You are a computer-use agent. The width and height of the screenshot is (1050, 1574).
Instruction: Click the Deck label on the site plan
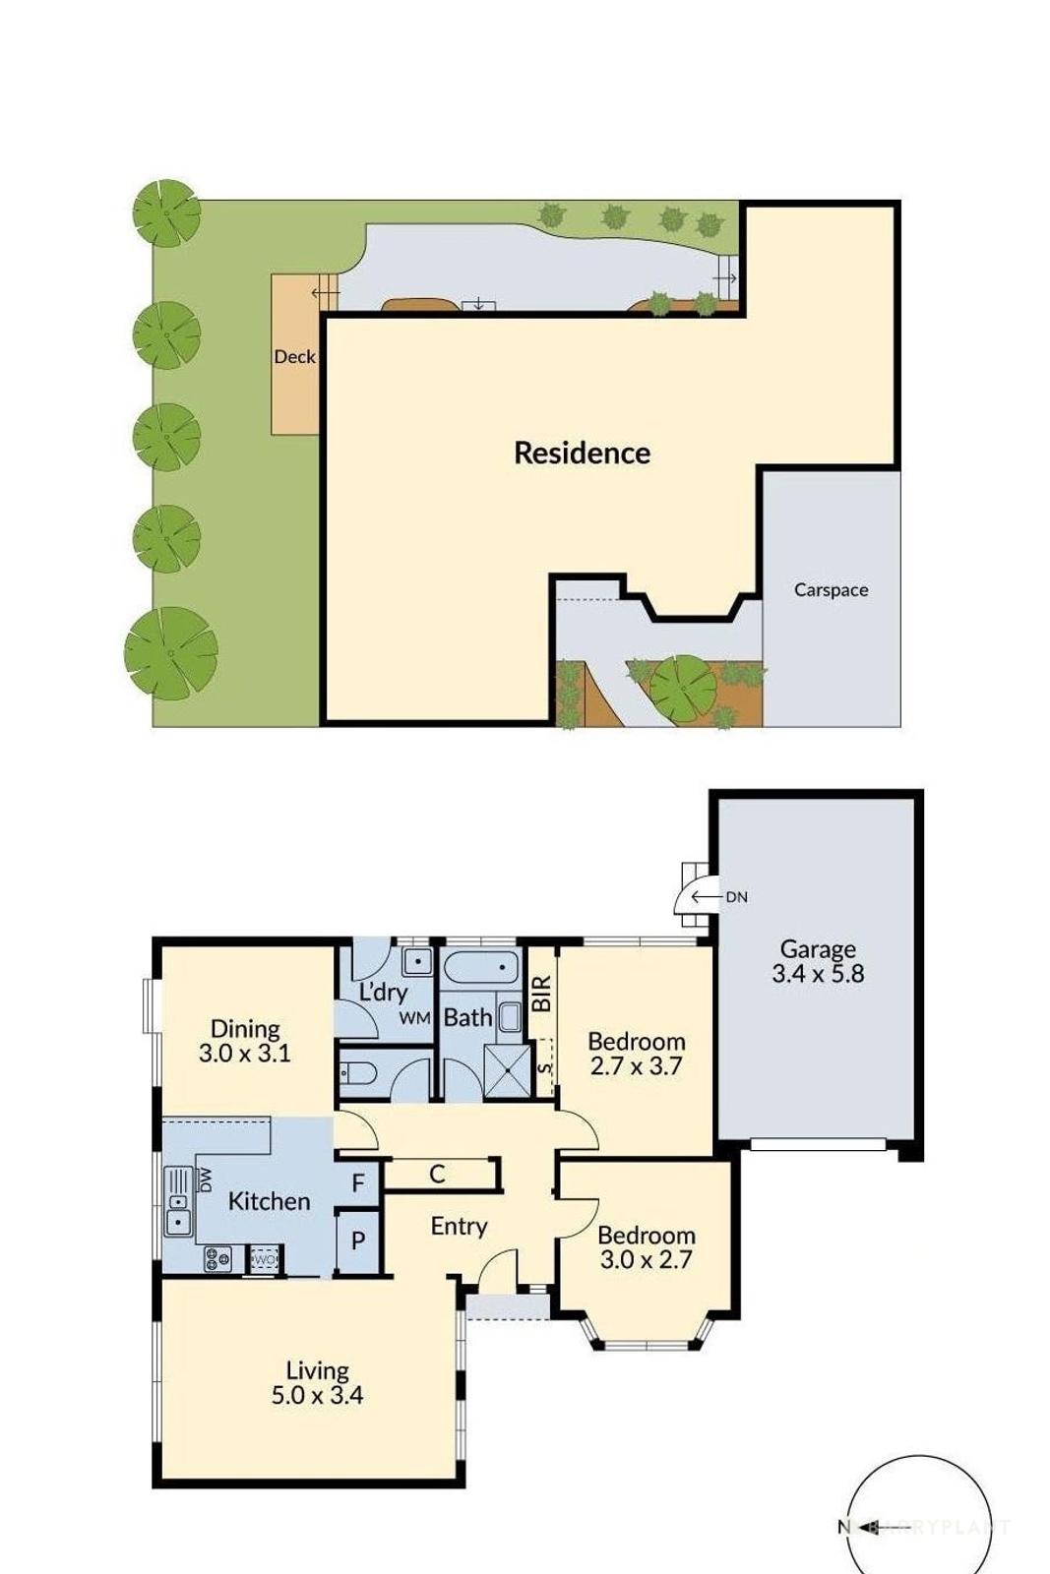[x=294, y=357]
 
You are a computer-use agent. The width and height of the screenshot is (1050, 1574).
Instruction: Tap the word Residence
[x=582, y=453]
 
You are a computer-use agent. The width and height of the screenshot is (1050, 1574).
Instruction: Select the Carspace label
[x=831, y=590]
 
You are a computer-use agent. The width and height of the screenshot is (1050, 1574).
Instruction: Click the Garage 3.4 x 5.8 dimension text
[x=818, y=974]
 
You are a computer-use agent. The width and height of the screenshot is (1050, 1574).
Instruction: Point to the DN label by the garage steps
[x=736, y=897]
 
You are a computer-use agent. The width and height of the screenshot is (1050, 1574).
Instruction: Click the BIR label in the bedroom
[x=541, y=995]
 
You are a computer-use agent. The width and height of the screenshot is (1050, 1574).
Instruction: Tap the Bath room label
[x=467, y=1017]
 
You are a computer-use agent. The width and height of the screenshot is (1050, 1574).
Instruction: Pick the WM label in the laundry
[x=414, y=1018]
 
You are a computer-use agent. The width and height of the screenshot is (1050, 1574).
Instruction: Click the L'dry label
[x=382, y=992]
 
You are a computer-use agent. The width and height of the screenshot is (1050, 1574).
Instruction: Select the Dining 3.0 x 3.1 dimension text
[x=244, y=1054]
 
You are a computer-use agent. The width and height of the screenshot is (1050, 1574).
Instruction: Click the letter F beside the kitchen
[x=358, y=1182]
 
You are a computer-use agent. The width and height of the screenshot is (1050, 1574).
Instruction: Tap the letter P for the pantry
[x=358, y=1241]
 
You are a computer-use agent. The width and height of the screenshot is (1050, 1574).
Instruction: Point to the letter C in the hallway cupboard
[x=437, y=1174]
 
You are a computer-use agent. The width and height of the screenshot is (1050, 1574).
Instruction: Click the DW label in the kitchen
[x=206, y=1180]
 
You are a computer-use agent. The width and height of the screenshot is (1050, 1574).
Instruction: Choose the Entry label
[x=459, y=1226]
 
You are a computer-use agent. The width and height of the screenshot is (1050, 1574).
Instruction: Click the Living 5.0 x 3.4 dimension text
[x=317, y=1395]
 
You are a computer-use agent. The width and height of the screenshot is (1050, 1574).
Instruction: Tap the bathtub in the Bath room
[x=480, y=968]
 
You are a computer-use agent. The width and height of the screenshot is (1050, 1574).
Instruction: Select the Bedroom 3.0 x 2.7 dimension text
[x=646, y=1259]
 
